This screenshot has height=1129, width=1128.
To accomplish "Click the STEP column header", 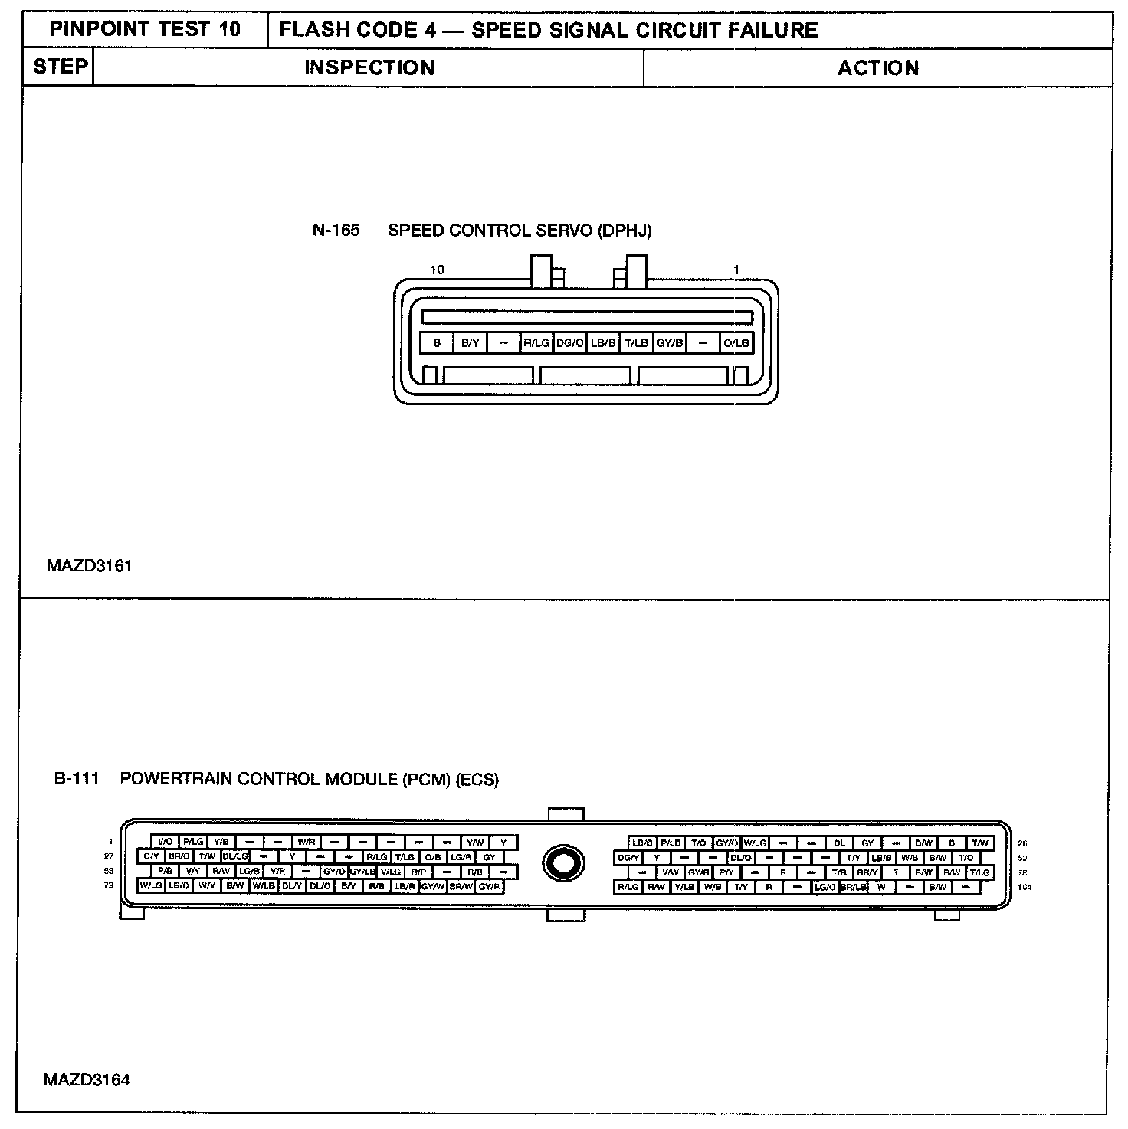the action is pyautogui.click(x=59, y=67).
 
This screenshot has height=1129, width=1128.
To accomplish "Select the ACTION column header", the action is pyautogui.click(x=877, y=68).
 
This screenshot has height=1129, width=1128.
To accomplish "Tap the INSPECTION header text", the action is pyautogui.click(x=369, y=67).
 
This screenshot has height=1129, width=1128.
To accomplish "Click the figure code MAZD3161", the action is pyautogui.click(x=89, y=566).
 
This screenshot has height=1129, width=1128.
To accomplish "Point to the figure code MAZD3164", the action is pyautogui.click(x=87, y=1080).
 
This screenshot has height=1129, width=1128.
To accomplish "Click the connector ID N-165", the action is pyautogui.click(x=336, y=231).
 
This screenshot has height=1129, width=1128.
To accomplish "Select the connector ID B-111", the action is pyautogui.click(x=77, y=780).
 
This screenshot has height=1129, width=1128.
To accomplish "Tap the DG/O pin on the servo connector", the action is pyautogui.click(x=569, y=343).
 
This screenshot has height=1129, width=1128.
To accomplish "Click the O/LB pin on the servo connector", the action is pyautogui.click(x=736, y=343).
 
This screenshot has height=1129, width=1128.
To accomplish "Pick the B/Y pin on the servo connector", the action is pyautogui.click(x=470, y=343).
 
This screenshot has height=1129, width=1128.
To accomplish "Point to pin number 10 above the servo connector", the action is pyautogui.click(x=437, y=270).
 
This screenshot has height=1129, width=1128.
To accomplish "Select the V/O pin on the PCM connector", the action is pyautogui.click(x=165, y=843).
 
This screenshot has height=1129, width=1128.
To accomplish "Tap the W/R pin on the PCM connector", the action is pyautogui.click(x=307, y=843).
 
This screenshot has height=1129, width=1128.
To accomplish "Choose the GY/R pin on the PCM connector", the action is pyautogui.click(x=490, y=886).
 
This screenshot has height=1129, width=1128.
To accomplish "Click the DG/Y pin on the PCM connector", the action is pyautogui.click(x=628, y=858).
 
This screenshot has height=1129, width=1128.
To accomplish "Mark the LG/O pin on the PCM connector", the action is pyautogui.click(x=825, y=887).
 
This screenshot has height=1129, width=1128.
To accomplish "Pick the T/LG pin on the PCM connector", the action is pyautogui.click(x=979, y=872).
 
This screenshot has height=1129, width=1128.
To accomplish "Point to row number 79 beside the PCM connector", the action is pyautogui.click(x=109, y=885).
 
